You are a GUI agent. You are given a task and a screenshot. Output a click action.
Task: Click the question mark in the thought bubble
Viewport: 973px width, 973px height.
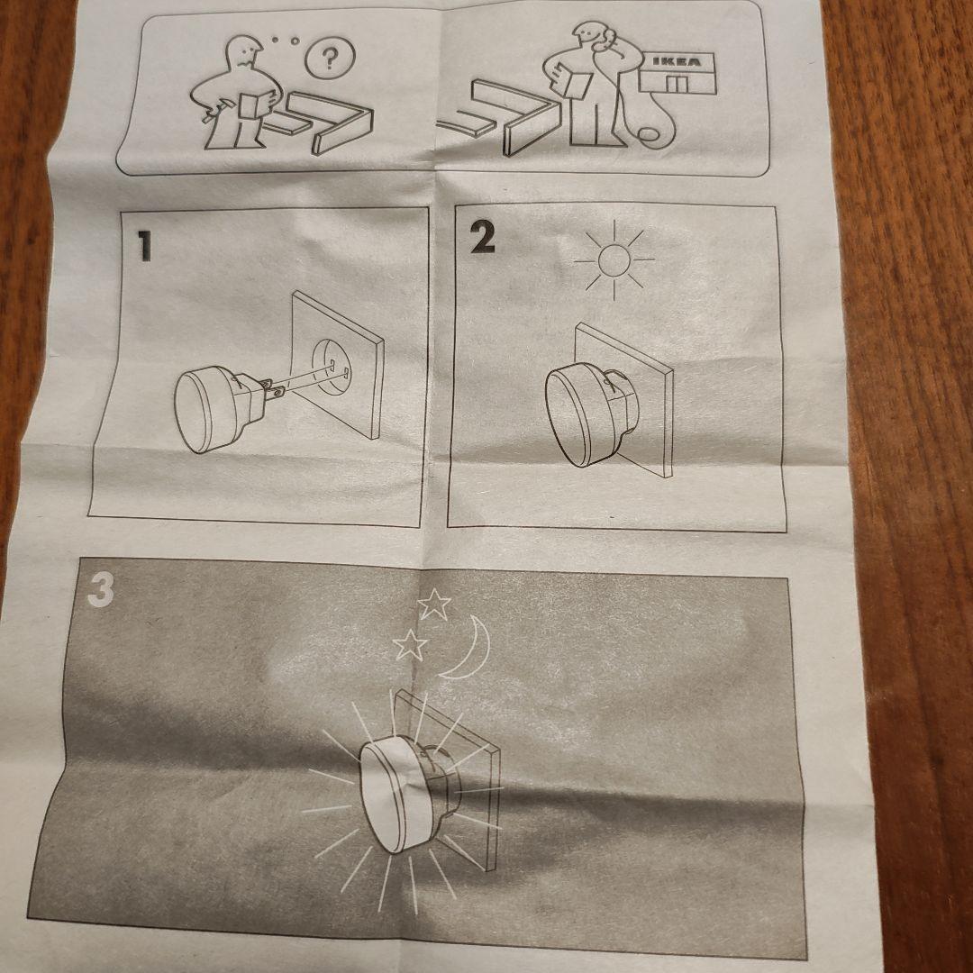click(x=330, y=59)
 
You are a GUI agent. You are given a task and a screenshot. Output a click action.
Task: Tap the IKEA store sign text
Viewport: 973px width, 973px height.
click(x=677, y=62)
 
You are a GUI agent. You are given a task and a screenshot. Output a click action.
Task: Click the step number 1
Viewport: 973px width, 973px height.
click(x=144, y=246)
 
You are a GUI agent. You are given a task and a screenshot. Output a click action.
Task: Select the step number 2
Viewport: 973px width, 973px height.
click(x=482, y=237)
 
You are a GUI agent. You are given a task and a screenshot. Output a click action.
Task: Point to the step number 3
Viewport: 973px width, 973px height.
click(x=101, y=589)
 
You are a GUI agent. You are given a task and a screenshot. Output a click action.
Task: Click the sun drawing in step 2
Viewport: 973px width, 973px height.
click(x=614, y=260)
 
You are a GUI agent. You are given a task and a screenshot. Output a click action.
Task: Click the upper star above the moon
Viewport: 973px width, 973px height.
click(x=433, y=605)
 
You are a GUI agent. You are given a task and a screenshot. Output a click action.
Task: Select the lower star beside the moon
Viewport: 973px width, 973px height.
click(x=410, y=645)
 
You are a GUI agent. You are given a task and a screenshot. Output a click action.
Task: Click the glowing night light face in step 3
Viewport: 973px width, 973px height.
click(x=386, y=797)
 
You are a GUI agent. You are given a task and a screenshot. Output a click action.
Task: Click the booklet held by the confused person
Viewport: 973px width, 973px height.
click(x=257, y=106)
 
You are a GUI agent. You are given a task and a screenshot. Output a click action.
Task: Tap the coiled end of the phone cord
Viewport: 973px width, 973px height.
click(x=648, y=134)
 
